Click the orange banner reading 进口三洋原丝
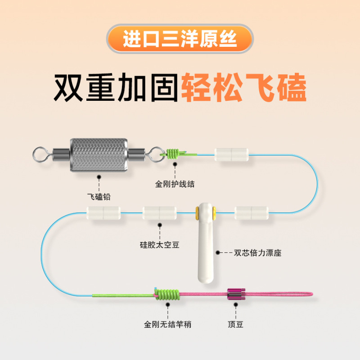[180, 40]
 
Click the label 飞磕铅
[99, 197]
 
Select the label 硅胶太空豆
[160, 245]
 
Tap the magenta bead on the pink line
[235, 295]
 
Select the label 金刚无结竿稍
[167, 324]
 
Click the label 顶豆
[235, 324]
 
